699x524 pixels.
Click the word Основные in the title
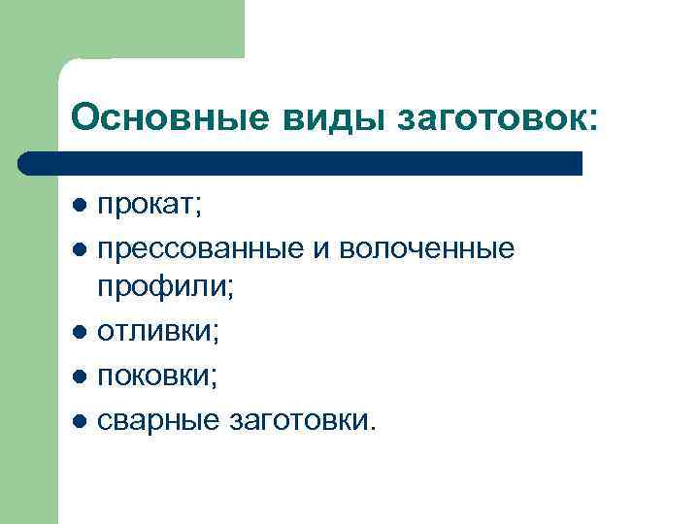click(x=169, y=118)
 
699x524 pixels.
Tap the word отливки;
click(x=158, y=332)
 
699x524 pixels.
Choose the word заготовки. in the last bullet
click(x=300, y=418)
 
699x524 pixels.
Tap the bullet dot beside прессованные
click(x=80, y=249)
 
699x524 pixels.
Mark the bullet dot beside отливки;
click(x=80, y=333)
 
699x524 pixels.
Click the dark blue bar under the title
click(x=301, y=162)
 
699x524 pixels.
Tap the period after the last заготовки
click(x=367, y=427)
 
